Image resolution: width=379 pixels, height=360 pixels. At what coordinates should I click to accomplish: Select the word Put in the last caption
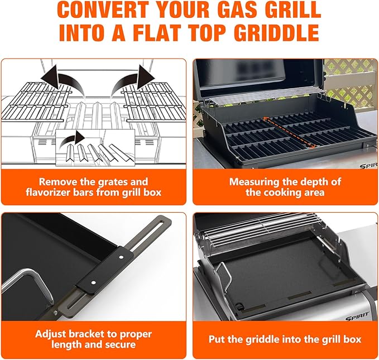click(217, 339)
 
